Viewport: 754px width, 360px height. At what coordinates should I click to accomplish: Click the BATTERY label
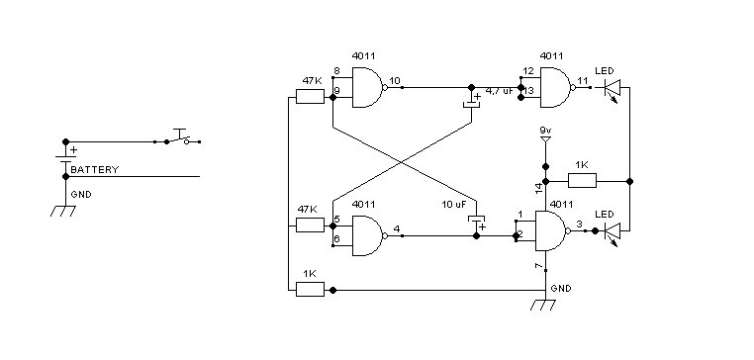(94, 170)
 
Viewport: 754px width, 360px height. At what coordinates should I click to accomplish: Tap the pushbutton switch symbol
(180, 137)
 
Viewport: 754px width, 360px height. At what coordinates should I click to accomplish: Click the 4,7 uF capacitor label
(500, 90)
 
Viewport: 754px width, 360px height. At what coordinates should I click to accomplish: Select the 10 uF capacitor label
(454, 205)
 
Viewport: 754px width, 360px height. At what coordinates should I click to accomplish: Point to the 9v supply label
(545, 130)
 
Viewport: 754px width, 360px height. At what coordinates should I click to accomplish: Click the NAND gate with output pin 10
(369, 87)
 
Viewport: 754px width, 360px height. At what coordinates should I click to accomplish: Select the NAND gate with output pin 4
(369, 235)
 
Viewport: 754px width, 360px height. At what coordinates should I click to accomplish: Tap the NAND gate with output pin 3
(553, 230)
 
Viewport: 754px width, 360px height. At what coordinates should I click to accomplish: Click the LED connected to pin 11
(612, 89)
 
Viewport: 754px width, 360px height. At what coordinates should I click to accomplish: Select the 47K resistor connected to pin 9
(310, 97)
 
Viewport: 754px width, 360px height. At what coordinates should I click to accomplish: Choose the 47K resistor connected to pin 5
(310, 225)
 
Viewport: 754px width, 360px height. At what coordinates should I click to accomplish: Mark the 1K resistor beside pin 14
(583, 181)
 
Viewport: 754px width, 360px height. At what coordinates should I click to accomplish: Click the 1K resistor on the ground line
(310, 290)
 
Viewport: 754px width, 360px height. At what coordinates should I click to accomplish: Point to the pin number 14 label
(539, 189)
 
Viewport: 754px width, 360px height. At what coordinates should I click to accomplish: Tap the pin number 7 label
(539, 266)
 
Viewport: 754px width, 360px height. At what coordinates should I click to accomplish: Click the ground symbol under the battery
(63, 211)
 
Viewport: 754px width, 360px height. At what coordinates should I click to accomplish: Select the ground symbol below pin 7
(543, 305)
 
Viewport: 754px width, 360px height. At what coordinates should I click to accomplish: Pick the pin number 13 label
(529, 91)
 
